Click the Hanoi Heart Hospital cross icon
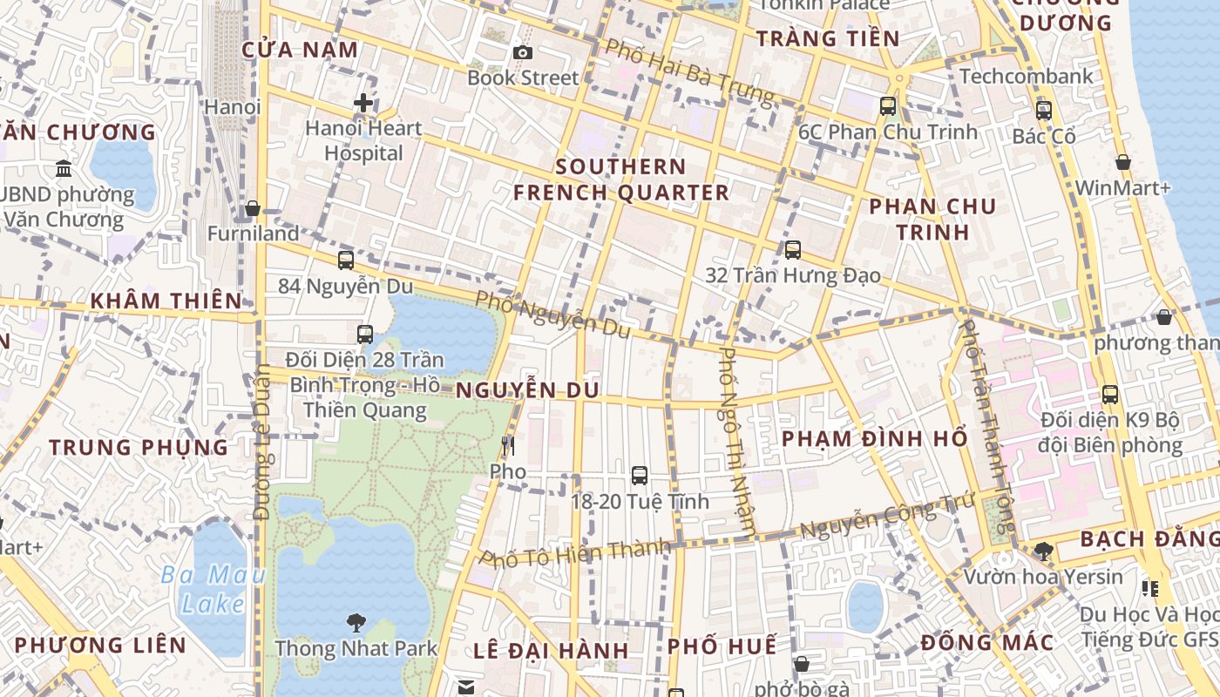[363, 104]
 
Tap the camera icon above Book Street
[523, 53]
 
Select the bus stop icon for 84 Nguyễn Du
[346, 261]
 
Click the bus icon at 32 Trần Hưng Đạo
[793, 250]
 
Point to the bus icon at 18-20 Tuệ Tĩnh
[640, 476]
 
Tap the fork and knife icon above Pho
[508, 446]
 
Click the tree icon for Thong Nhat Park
[356, 622]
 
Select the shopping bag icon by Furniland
[253, 209]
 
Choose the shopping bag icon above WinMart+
[1123, 162]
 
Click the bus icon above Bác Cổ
[1044, 111]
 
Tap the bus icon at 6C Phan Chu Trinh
[888, 106]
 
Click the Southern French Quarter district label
[620, 179]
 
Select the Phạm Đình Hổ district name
[875, 438]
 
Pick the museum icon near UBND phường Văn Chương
[64, 168]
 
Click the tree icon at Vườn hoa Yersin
[1043, 551]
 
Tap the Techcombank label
[1027, 77]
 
